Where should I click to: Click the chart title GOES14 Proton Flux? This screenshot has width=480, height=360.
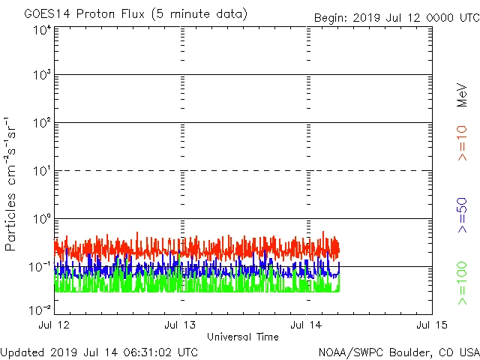click(x=136, y=14)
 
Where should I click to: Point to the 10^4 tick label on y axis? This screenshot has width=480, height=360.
click(x=42, y=30)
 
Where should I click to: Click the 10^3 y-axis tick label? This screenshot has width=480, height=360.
click(x=42, y=75)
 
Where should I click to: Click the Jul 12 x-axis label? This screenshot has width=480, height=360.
click(x=55, y=325)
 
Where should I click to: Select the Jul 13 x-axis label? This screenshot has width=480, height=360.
click(x=180, y=325)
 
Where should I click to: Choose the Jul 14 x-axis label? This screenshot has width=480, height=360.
click(x=306, y=325)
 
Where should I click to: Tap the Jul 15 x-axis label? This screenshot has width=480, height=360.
click(x=431, y=325)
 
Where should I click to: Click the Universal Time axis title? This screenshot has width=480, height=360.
click(x=242, y=337)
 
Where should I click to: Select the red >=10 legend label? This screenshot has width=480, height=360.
click(x=462, y=143)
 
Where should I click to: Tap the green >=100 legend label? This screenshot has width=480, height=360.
click(x=462, y=283)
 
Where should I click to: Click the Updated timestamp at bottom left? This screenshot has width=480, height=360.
click(x=100, y=352)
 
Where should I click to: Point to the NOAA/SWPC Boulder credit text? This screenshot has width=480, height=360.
click(x=398, y=352)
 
